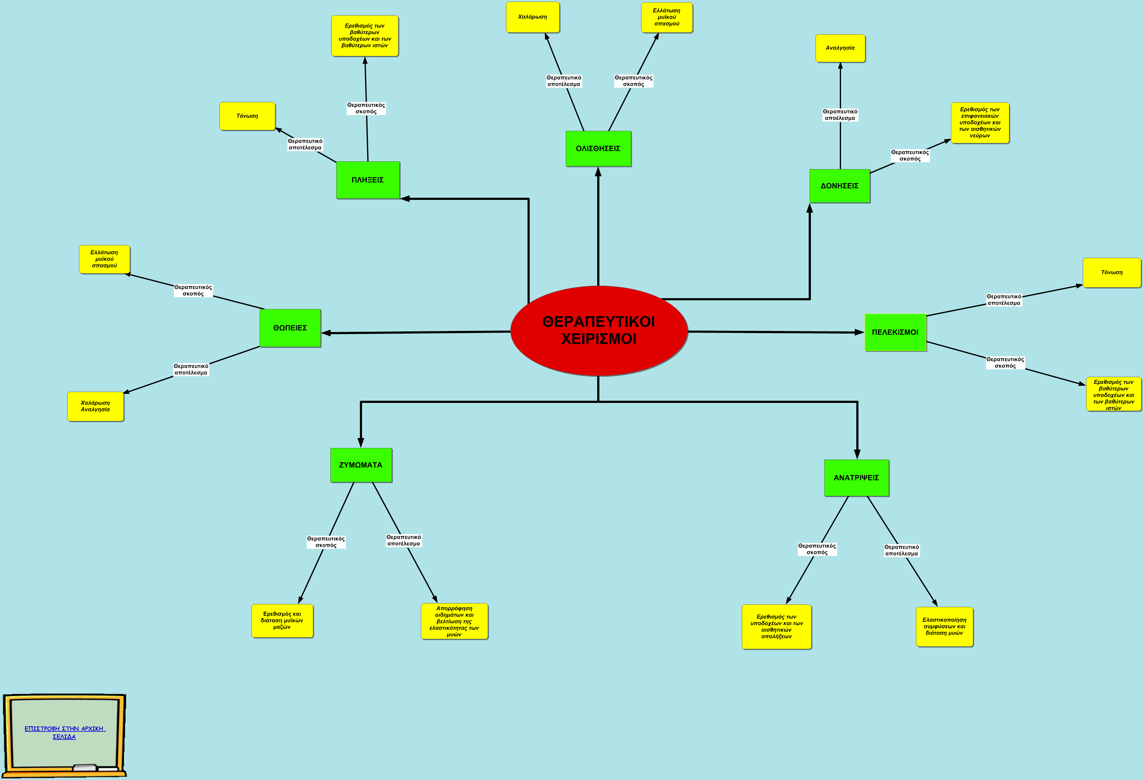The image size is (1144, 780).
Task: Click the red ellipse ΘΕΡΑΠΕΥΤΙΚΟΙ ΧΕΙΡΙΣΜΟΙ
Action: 599,331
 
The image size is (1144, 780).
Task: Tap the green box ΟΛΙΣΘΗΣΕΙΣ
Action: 598,149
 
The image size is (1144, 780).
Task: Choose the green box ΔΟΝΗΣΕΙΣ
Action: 840,186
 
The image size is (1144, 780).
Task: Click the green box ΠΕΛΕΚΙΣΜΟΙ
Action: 895,333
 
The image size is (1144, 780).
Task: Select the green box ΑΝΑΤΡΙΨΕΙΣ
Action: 857,478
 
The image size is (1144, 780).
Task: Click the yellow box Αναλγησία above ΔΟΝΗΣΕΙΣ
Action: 840,48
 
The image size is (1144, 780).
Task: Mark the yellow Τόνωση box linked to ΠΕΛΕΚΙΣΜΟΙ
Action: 1112,273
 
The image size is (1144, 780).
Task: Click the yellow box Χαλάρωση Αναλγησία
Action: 95,407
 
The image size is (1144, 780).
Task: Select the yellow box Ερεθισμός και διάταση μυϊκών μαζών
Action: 282,621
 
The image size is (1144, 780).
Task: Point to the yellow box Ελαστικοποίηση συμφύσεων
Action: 945,626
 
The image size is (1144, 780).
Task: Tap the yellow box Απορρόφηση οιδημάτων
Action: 454,621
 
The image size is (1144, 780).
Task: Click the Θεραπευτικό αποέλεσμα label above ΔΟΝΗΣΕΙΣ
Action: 840,115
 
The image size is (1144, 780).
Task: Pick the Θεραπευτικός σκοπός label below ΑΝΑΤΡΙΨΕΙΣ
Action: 817,549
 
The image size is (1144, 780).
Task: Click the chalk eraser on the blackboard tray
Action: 85,767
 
